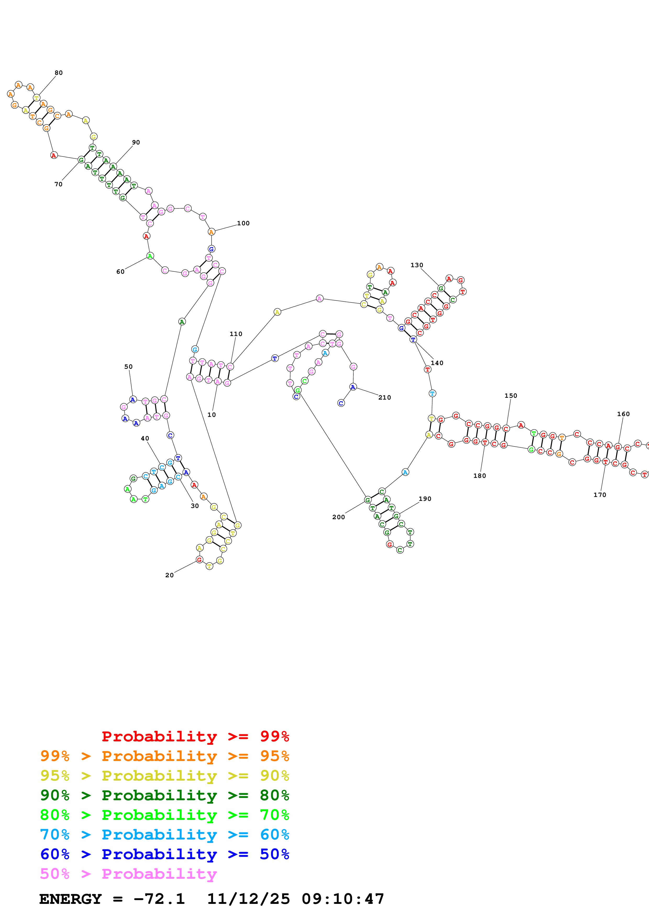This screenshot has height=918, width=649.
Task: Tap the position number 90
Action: click(x=136, y=142)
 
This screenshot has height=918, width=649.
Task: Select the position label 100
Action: click(x=243, y=223)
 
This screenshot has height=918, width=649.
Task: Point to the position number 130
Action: click(x=417, y=265)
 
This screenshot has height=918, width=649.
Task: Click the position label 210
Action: click(x=385, y=398)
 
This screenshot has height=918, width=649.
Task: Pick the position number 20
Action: click(x=170, y=575)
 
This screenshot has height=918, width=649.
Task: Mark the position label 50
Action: click(x=128, y=367)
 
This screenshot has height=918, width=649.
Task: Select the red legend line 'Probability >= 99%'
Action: click(x=195, y=736)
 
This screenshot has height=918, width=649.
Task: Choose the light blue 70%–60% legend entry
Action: click(x=164, y=835)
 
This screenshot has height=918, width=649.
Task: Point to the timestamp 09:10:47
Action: click(x=343, y=899)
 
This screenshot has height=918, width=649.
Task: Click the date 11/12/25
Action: click(x=248, y=899)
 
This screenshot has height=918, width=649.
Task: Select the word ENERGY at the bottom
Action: click(x=70, y=899)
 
